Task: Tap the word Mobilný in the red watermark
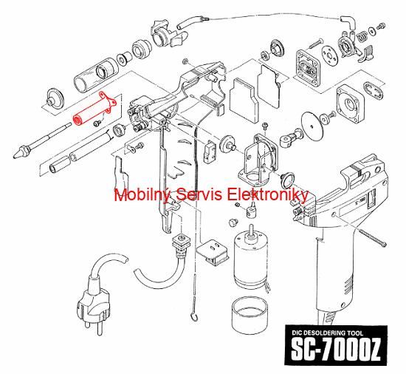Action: click(142, 194)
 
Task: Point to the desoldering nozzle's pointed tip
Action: click(14, 156)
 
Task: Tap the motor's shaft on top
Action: click(251, 230)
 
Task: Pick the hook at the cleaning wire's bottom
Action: click(193, 316)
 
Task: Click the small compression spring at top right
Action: click(362, 36)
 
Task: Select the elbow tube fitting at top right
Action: click(348, 22)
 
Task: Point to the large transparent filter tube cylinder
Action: click(96, 75)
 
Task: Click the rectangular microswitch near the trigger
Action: click(209, 152)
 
